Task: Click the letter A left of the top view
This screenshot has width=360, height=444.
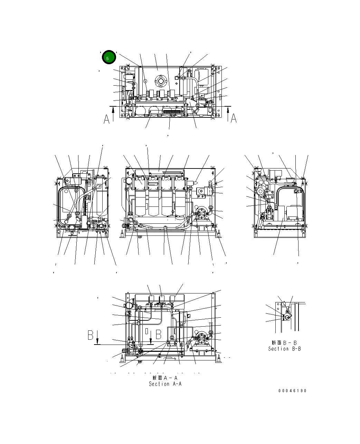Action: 107,119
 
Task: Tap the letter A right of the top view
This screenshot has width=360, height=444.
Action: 234,118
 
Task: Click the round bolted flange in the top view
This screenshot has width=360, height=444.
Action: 161,81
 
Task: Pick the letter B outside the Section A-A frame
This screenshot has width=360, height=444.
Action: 91,335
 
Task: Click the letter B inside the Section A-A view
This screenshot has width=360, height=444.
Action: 159,335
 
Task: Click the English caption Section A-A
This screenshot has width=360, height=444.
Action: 165,384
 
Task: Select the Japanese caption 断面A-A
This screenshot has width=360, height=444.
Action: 165,378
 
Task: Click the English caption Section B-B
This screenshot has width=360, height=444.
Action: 284,349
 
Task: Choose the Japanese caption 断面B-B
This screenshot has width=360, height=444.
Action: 284,343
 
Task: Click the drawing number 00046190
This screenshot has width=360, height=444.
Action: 292,391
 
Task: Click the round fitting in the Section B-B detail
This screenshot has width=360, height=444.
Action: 288,316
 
